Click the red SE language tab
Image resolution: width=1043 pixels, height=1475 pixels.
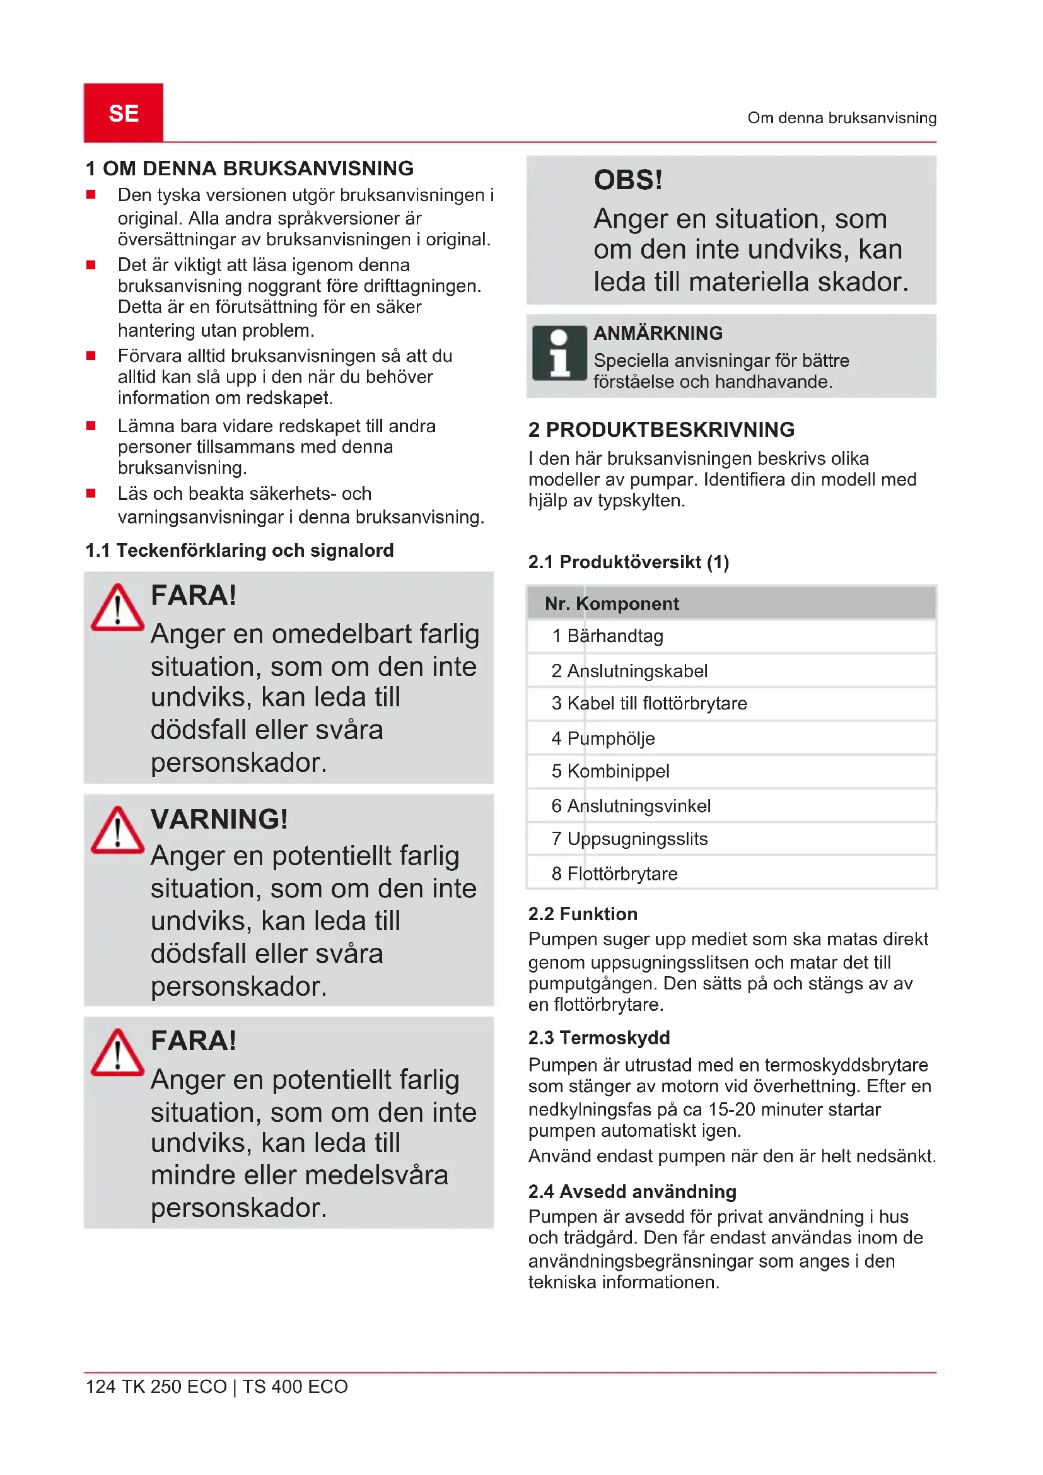pos(124,113)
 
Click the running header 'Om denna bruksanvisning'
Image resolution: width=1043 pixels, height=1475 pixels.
pos(841,118)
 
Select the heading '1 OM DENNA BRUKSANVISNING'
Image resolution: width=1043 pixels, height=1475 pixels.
pos(250,168)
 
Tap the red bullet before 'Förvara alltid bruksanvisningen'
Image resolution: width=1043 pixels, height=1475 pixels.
pos(91,356)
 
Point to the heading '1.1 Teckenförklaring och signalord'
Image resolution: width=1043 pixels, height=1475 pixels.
pos(240,551)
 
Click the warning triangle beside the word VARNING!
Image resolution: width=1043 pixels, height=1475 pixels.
pos(117,830)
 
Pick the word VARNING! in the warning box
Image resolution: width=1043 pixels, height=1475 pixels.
pos(219,819)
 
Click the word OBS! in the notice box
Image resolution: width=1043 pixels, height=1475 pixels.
pos(627,180)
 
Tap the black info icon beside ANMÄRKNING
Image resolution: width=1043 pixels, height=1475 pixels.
pos(559,353)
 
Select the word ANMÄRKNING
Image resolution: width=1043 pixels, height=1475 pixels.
pos(658,334)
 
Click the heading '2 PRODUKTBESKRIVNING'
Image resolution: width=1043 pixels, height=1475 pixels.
pos(661,430)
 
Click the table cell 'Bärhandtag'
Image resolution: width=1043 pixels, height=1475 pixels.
pos(615,636)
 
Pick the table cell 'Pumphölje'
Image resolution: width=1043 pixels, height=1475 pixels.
pos(611,739)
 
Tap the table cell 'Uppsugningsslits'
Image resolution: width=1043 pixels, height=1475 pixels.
pos(637,839)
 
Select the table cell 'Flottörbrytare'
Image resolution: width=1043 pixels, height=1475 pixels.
pos(622,873)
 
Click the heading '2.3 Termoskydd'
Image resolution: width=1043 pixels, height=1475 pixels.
pos(598,1038)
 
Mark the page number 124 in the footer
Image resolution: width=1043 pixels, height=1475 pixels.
pos(101,1387)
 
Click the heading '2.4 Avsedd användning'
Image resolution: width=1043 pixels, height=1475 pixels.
pos(632,1192)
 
